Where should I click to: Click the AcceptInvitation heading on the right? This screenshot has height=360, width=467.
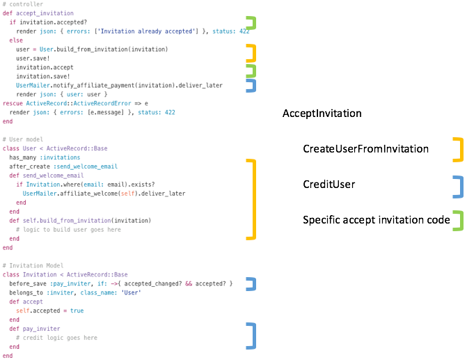pyautogui.click(x=322, y=113)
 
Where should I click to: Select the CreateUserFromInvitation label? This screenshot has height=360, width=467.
pyautogui.click(x=365, y=149)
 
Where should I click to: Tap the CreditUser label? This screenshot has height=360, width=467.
pyautogui.click(x=329, y=185)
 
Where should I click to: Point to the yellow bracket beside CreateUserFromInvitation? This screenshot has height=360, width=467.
pyautogui.click(x=458, y=149)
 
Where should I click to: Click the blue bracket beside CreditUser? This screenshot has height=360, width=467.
pyautogui.click(x=458, y=186)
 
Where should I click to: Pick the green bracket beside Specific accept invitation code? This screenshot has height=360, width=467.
pyautogui.click(x=458, y=220)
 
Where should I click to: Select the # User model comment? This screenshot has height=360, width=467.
pyautogui.click(x=24, y=140)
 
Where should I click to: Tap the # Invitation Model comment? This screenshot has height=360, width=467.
pyautogui.click(x=33, y=265)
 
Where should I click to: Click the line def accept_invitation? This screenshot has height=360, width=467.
pyautogui.click(x=38, y=14)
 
